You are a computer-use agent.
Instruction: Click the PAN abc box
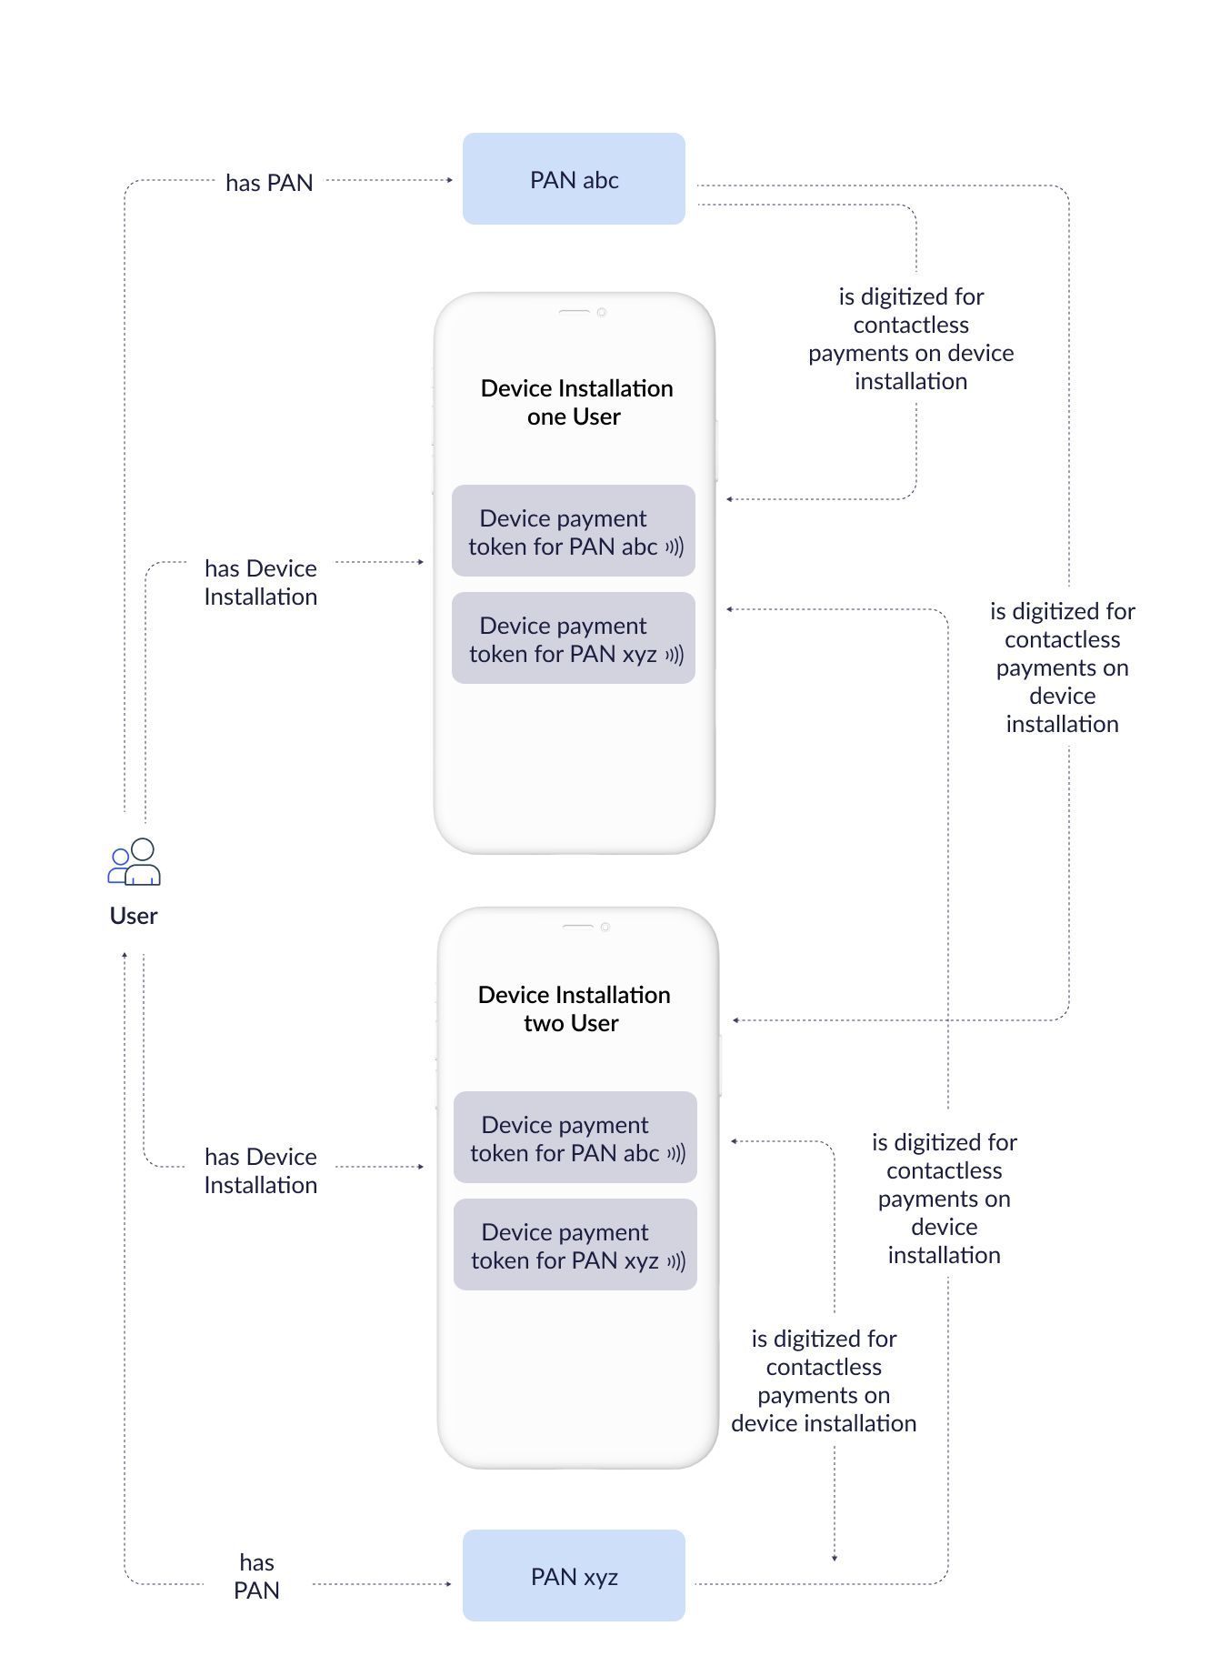[x=574, y=179]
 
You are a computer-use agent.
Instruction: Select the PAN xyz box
[x=574, y=1575]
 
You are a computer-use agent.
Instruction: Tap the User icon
[x=135, y=862]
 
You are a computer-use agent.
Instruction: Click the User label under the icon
[x=134, y=916]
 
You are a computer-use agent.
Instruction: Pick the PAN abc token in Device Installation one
[x=574, y=531]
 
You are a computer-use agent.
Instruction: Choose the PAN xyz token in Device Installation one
[x=574, y=638]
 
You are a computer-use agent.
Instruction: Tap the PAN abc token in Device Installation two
[x=575, y=1138]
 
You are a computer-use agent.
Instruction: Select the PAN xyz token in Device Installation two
[x=575, y=1245]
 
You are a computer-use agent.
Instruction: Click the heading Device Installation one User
[x=576, y=402]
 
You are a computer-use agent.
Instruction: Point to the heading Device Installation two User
[x=574, y=1009]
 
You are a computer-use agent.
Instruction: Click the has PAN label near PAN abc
[x=269, y=183]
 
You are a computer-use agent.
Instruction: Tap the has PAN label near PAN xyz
[x=256, y=1576]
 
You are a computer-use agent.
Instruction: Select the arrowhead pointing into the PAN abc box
[x=450, y=180]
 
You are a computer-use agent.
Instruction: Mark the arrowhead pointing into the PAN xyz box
[x=449, y=1584]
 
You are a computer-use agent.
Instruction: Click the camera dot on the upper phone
[x=602, y=312]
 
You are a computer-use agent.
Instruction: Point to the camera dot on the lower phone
[x=605, y=927]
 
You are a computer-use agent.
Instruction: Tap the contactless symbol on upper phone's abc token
[x=675, y=547]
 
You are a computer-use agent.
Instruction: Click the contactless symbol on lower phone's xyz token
[x=676, y=1261]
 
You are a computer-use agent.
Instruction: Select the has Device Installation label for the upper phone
[x=261, y=582]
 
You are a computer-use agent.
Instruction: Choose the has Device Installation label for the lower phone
[x=261, y=1170]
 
